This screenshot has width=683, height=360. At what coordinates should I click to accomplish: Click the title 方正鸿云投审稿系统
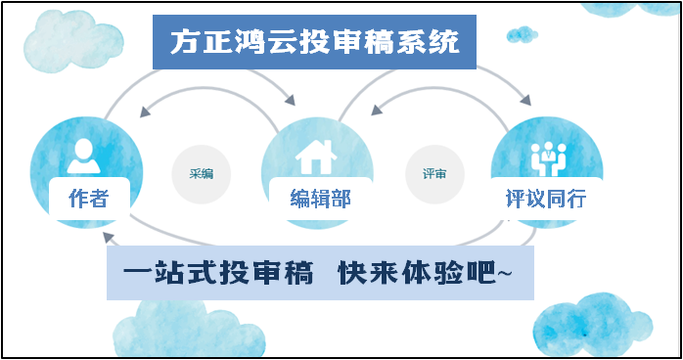pyautogui.click(x=314, y=42)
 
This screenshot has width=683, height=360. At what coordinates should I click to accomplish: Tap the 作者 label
pyautogui.click(x=88, y=199)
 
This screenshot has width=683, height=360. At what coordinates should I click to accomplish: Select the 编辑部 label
pyautogui.click(x=321, y=199)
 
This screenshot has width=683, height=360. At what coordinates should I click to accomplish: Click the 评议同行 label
pyautogui.click(x=546, y=199)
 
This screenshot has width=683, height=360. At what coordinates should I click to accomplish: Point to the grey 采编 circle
pyautogui.click(x=202, y=174)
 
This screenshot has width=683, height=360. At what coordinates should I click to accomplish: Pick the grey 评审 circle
pyautogui.click(x=434, y=174)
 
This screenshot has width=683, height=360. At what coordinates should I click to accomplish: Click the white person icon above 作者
pyautogui.click(x=83, y=156)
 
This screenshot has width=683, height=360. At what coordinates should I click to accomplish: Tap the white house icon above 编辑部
pyautogui.click(x=316, y=157)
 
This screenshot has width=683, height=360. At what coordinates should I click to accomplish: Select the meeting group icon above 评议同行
pyautogui.click(x=548, y=159)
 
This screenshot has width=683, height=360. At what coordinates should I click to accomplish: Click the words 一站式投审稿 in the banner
pyautogui.click(x=218, y=273)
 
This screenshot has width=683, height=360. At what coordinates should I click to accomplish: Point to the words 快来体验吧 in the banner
pyautogui.click(x=417, y=273)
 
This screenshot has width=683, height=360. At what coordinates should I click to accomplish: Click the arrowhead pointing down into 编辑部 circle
pyautogui.click(x=290, y=100)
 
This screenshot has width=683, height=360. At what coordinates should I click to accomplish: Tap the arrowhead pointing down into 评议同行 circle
pyautogui.click(x=525, y=100)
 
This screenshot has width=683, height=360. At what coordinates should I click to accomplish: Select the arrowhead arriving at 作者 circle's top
pyautogui.click(x=146, y=112)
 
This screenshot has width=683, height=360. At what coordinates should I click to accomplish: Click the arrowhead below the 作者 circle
pyautogui.click(x=109, y=238)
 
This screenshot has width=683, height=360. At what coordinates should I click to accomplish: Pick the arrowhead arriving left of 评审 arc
pyautogui.click(x=377, y=110)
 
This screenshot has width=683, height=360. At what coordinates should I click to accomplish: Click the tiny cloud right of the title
pyautogui.click(x=522, y=35)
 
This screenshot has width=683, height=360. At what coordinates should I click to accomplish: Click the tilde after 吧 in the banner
pyautogui.click(x=504, y=273)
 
